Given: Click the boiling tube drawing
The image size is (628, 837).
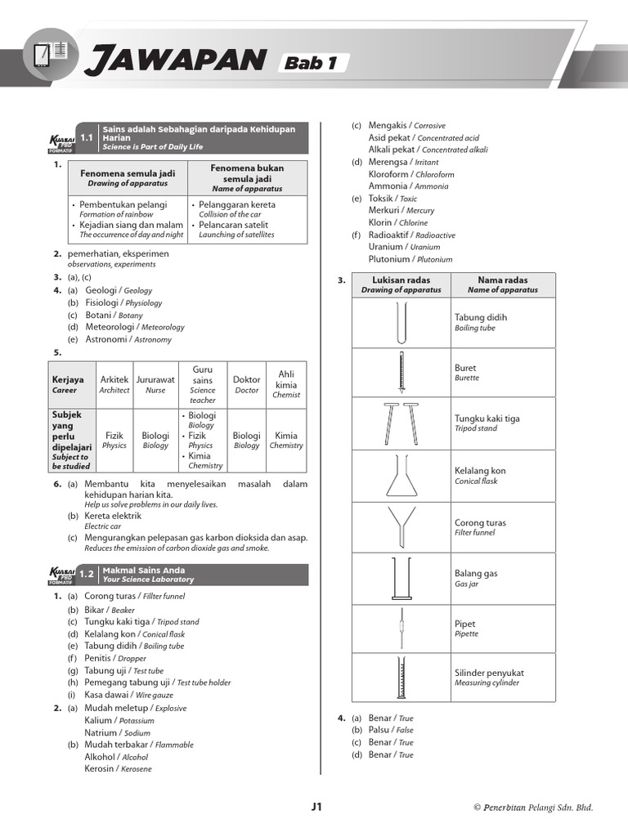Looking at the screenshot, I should (x=401, y=322).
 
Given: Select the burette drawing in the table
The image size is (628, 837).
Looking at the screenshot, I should (x=401, y=372).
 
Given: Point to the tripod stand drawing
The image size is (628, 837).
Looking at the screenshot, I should (x=401, y=423).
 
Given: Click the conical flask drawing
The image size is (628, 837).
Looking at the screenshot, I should (x=401, y=475).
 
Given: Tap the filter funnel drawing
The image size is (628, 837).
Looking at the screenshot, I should (x=401, y=527).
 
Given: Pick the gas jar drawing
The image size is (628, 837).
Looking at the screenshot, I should (x=401, y=578).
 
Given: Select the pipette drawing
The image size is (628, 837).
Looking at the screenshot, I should (x=401, y=629).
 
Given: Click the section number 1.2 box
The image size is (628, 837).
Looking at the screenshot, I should (x=87, y=575).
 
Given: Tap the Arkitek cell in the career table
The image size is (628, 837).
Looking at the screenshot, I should (x=114, y=384).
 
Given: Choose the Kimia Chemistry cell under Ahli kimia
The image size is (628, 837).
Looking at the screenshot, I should (x=286, y=440).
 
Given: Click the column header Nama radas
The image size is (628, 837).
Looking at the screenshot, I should (x=503, y=284).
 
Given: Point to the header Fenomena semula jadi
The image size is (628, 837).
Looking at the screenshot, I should (x=128, y=178).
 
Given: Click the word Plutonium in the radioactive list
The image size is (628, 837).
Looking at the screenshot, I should (x=389, y=259).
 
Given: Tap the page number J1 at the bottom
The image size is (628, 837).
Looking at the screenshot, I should (x=317, y=807).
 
